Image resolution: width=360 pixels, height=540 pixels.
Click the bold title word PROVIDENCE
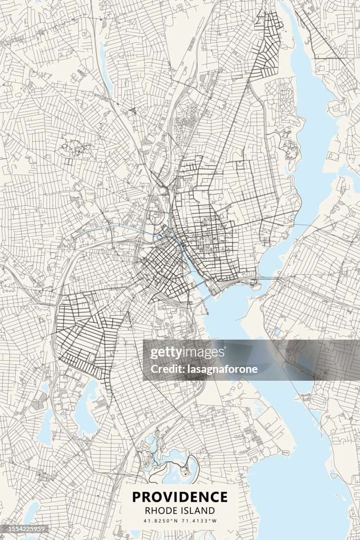pos(180,497)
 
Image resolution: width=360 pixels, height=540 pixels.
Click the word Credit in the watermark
pos(164,369)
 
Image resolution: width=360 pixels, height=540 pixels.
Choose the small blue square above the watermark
pos(277,332)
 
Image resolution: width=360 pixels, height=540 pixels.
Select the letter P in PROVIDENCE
pos(136,497)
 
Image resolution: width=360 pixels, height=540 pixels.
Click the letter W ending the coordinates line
pos(215,521)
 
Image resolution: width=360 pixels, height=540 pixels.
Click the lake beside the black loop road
pos(184,472)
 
